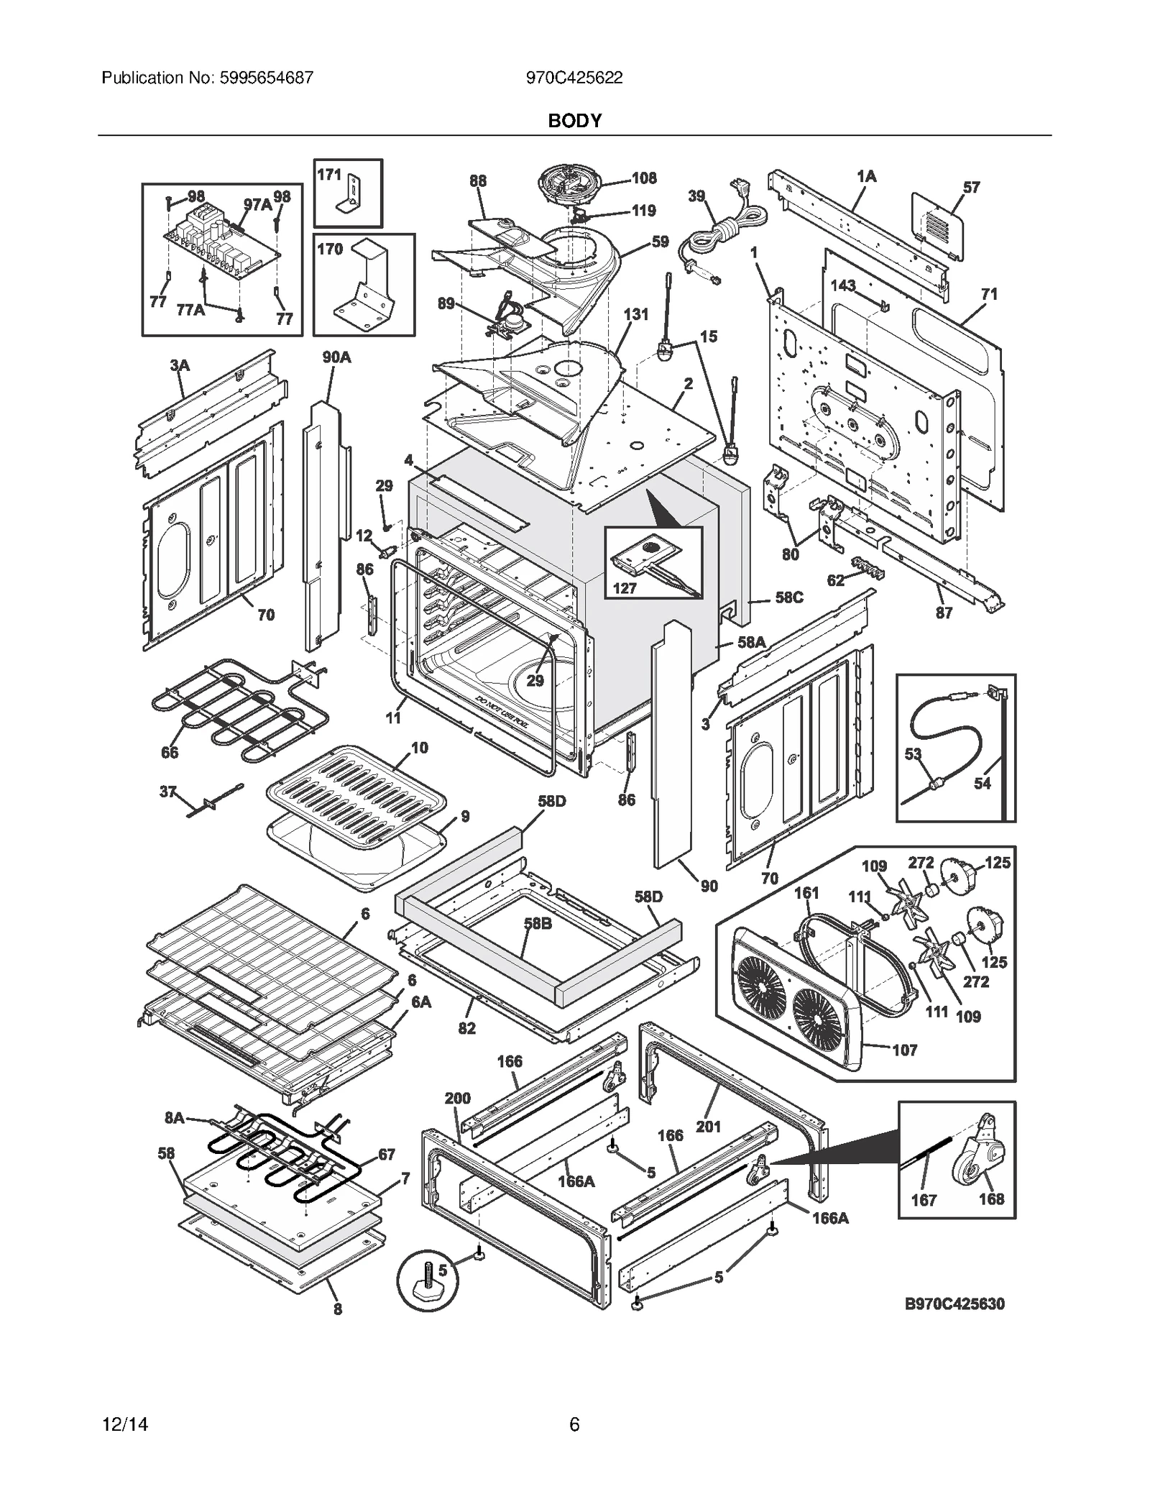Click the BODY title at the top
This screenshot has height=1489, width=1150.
[x=574, y=121]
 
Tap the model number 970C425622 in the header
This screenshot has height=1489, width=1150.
[x=574, y=78]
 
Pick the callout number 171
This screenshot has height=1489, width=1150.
[x=329, y=175]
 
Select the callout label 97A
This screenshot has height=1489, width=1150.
[x=257, y=204]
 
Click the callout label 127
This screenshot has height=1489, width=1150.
[x=625, y=588]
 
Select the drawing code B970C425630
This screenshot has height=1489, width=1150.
[x=954, y=1304]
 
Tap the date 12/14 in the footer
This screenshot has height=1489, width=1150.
[x=125, y=1424]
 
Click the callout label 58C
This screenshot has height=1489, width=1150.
[x=788, y=597]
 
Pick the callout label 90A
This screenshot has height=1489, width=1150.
[x=336, y=357]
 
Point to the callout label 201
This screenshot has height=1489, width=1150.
[x=708, y=1127]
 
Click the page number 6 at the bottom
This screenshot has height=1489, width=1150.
[x=574, y=1424]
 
